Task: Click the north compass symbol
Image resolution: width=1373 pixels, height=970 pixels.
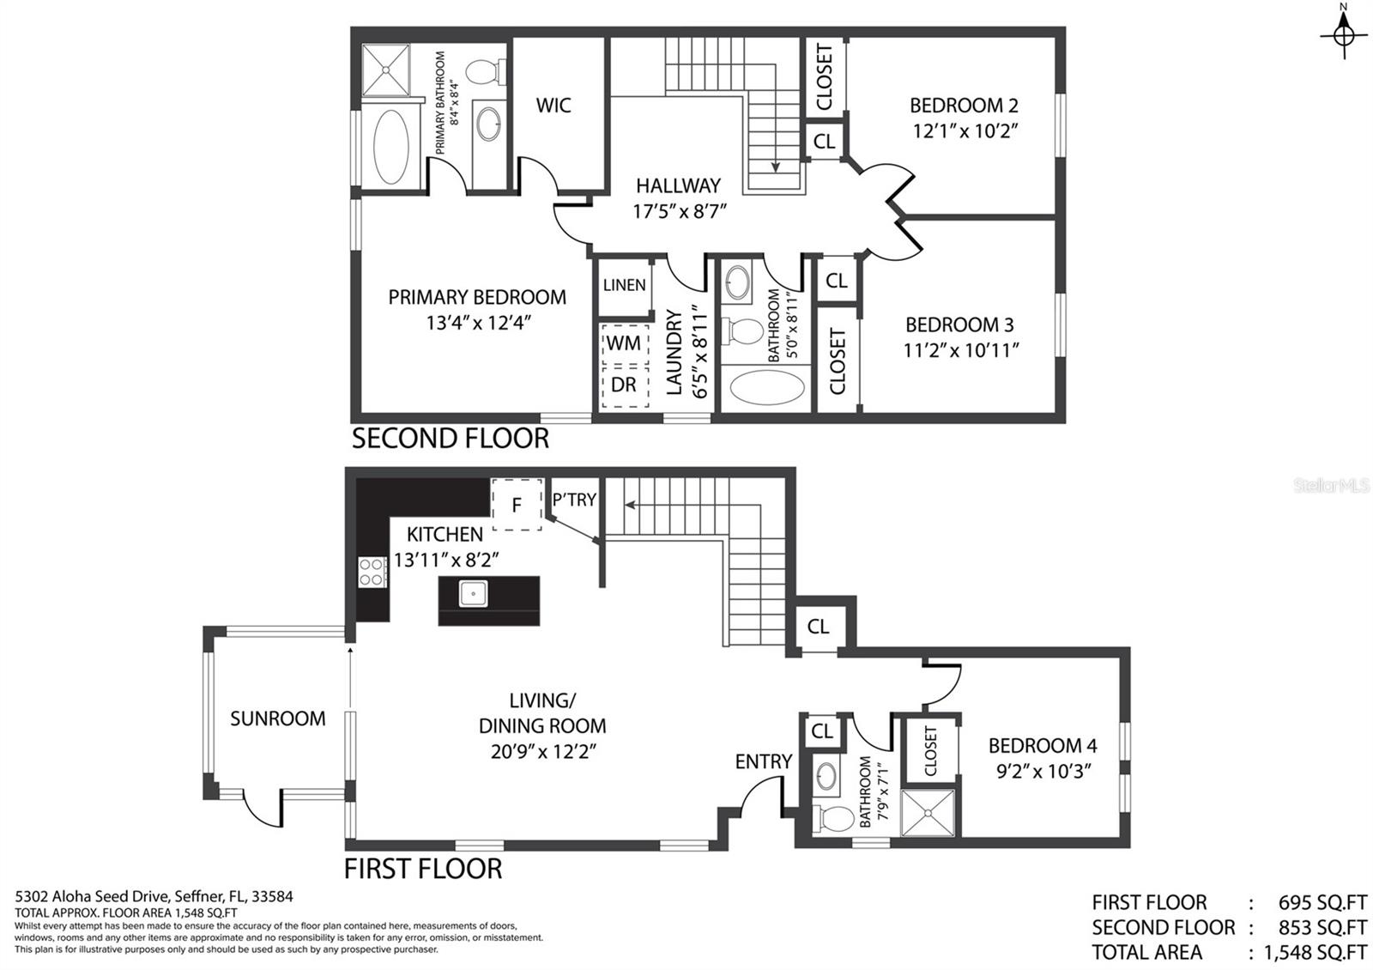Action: pyautogui.click(x=1345, y=35)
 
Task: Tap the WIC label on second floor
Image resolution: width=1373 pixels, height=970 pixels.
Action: pyautogui.click(x=553, y=106)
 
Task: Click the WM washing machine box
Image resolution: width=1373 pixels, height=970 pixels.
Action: pyautogui.click(x=623, y=343)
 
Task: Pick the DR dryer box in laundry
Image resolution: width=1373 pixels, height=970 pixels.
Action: pyautogui.click(x=623, y=385)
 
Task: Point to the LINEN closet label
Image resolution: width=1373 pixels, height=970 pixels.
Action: pyautogui.click(x=624, y=285)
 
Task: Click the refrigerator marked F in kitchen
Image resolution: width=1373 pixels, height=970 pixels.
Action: pyautogui.click(x=517, y=505)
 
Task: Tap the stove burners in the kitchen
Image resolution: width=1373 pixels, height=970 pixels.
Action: pyautogui.click(x=372, y=572)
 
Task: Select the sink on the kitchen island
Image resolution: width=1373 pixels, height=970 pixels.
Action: pyautogui.click(x=473, y=593)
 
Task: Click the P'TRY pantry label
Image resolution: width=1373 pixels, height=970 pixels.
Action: pyautogui.click(x=574, y=500)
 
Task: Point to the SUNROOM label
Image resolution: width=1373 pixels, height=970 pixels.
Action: pyautogui.click(x=277, y=718)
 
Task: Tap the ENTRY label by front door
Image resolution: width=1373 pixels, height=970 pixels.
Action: pyautogui.click(x=763, y=761)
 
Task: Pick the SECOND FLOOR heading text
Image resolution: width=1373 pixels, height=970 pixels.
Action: pyautogui.click(x=450, y=439)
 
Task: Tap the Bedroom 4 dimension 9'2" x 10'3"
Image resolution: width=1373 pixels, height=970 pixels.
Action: pyautogui.click(x=1043, y=771)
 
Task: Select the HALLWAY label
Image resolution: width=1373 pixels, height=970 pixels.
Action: pyautogui.click(x=678, y=185)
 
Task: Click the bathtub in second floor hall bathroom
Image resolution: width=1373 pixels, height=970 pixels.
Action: pyautogui.click(x=767, y=387)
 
